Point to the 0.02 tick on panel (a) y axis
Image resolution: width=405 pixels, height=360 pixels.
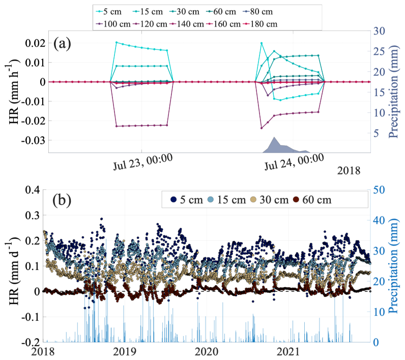pos(34,43)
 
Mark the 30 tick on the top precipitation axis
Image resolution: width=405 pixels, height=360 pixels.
pos(380,30)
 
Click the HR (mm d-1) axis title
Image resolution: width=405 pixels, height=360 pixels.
pos(13,265)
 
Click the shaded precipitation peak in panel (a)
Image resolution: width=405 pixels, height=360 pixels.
pos(275,145)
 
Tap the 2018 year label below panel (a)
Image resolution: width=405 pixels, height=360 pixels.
pos(349,171)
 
